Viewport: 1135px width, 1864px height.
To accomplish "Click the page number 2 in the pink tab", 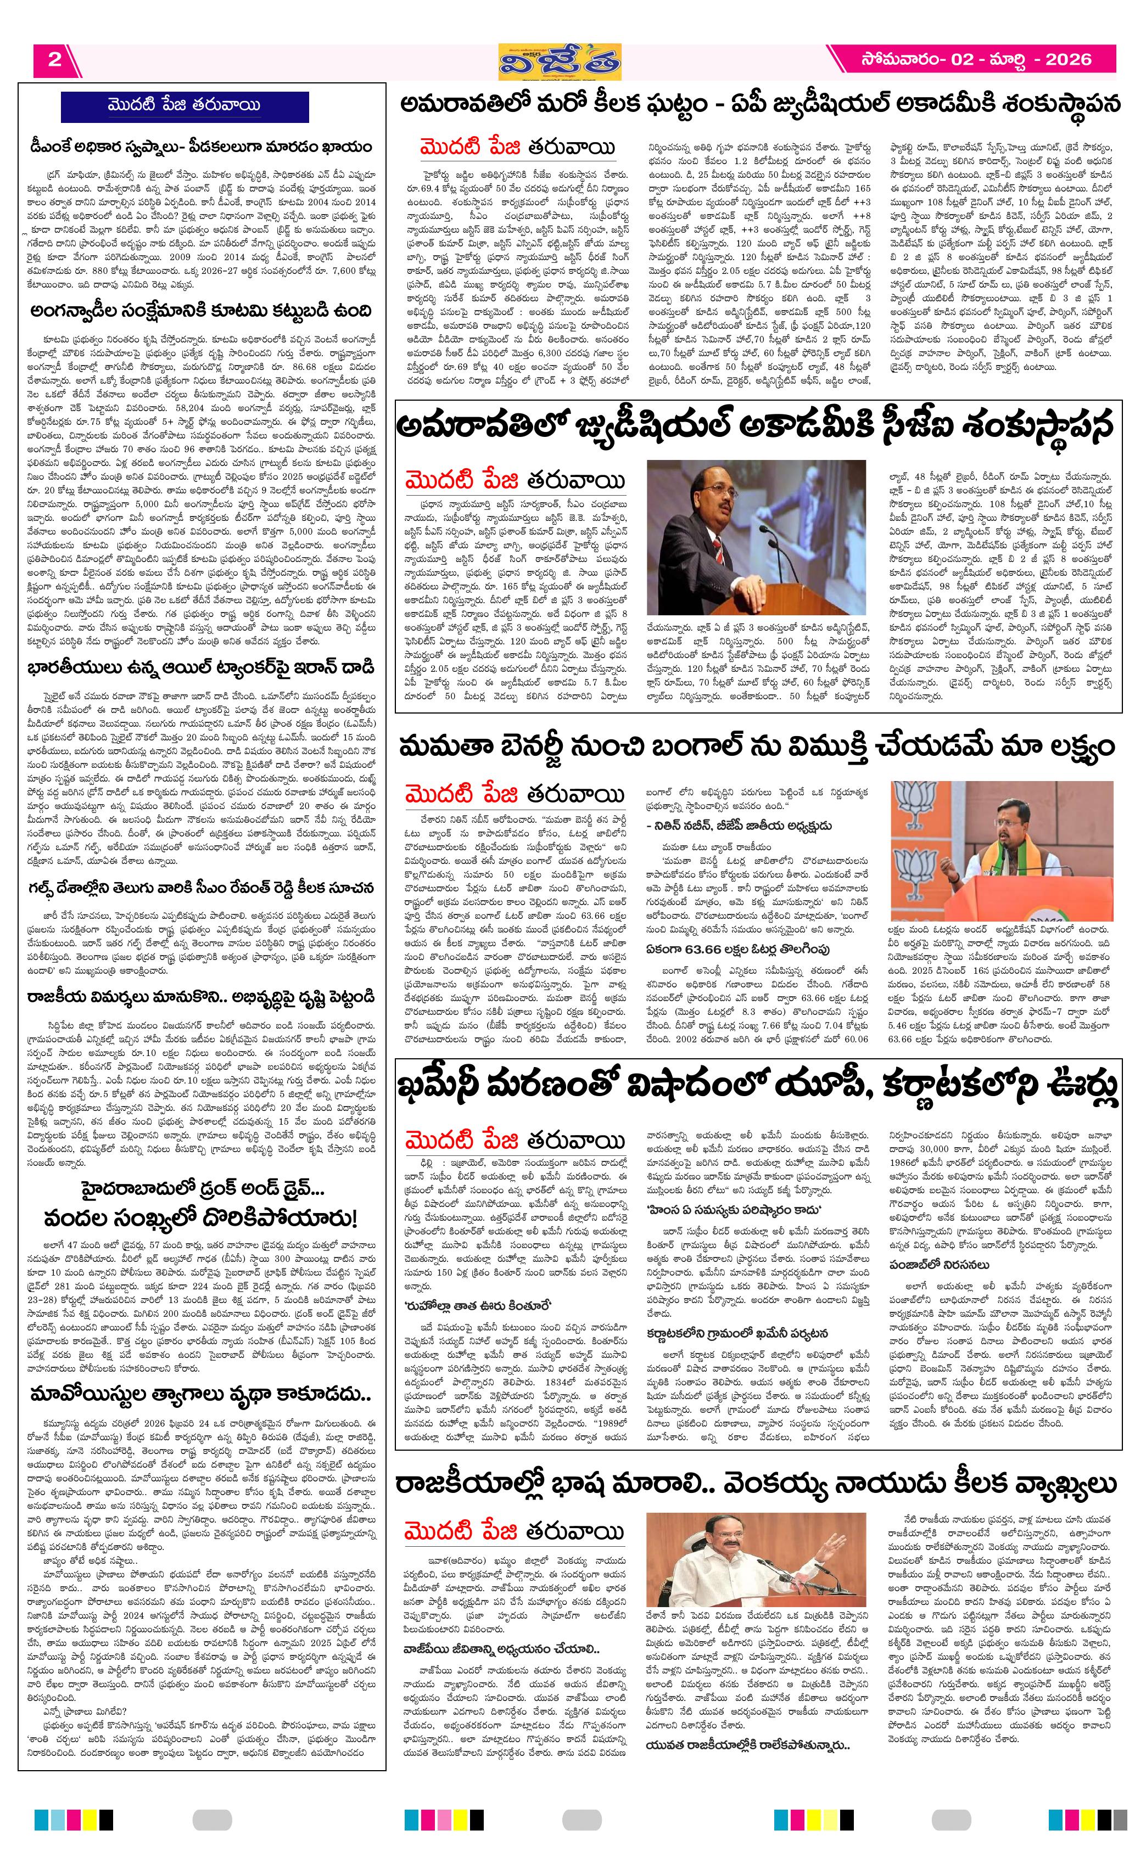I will (54, 60).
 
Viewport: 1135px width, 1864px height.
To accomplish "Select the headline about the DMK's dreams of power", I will (202, 146).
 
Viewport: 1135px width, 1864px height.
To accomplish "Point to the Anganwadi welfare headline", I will (202, 311).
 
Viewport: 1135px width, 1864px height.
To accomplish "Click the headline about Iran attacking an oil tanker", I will (202, 668).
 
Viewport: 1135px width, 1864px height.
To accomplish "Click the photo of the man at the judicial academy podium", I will (756, 537).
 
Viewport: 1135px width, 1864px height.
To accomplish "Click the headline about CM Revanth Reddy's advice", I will (202, 888).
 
